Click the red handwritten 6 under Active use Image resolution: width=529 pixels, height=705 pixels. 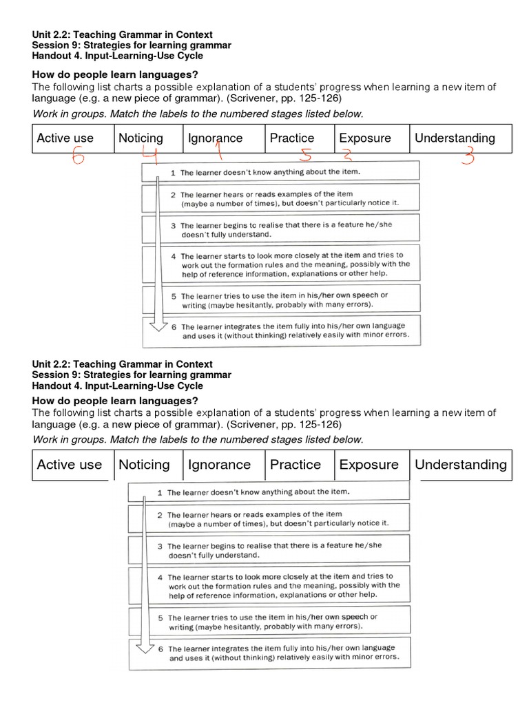[x=77, y=158]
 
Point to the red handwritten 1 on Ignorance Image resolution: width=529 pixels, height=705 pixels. [x=219, y=148]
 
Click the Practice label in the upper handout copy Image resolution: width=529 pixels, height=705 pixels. [x=292, y=138]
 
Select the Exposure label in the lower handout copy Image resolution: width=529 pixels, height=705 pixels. [x=369, y=465]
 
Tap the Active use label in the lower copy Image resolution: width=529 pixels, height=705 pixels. [x=69, y=465]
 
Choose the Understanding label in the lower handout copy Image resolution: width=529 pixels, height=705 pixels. [x=460, y=465]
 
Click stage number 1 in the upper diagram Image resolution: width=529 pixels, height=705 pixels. [x=173, y=172]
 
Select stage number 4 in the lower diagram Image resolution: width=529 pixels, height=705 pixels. [x=160, y=577]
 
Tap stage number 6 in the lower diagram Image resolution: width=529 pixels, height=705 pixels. [x=160, y=649]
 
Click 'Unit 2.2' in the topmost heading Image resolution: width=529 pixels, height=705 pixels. [x=52, y=34]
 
